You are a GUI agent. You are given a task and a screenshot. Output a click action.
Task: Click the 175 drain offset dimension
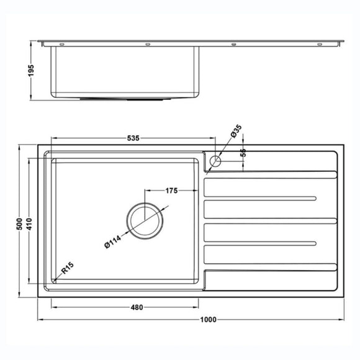pyautogui.click(x=172, y=191)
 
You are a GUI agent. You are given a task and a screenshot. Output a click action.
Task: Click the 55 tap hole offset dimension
pyautogui.click(x=243, y=153)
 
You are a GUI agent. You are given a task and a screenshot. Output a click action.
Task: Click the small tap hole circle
pyautogui.click(x=215, y=161)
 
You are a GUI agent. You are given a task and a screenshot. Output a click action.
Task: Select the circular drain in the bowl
pyautogui.click(x=146, y=220)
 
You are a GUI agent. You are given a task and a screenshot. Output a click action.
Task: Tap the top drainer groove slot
pyautogui.click(x=261, y=199)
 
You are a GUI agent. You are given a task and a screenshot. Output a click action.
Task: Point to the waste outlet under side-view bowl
pyautogui.click(x=127, y=98)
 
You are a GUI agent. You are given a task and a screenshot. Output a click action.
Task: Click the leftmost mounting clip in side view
pyautogui.click(x=62, y=44)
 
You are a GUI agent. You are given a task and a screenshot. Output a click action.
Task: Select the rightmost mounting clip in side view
pyautogui.click(x=320, y=44)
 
